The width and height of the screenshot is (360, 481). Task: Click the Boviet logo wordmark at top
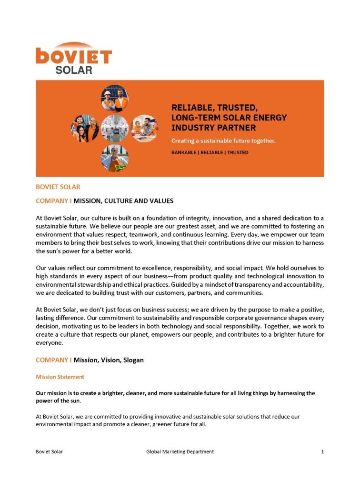[74, 56]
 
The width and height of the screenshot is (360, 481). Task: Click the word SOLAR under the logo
[74, 70]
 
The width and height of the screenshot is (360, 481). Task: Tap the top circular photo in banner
[115, 98]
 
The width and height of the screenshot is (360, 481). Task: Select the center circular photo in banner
[115, 128]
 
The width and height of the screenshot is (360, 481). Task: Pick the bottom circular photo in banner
[115, 158]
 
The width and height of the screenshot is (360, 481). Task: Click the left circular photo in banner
[85, 128]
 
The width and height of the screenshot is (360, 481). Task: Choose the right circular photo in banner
[145, 128]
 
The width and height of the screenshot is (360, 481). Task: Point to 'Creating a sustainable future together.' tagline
[223, 141]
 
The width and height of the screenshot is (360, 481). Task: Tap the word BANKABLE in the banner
[184, 152]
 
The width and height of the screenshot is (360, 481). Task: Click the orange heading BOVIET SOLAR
[58, 187]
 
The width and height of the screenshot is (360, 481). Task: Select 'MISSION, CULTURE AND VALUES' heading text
[123, 201]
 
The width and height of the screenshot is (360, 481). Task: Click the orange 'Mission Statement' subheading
[60, 377]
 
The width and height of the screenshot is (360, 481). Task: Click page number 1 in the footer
[322, 451]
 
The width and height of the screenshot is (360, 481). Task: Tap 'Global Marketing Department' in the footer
[180, 451]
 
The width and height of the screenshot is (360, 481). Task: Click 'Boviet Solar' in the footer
[50, 451]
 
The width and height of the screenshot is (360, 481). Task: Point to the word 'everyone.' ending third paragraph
[50, 342]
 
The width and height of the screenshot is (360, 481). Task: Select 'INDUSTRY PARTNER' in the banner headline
[213, 128]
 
